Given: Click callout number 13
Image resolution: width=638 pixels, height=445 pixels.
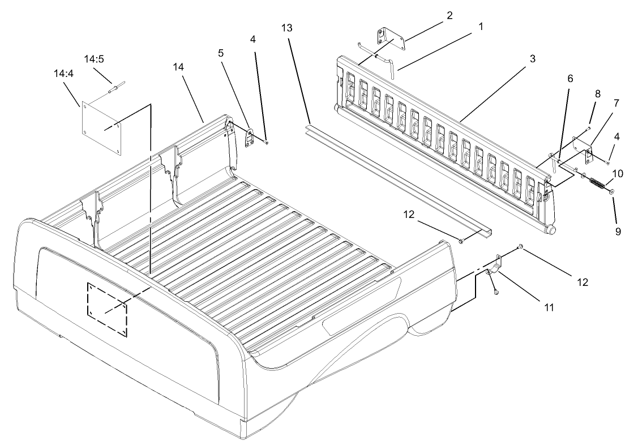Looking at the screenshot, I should click(x=288, y=27).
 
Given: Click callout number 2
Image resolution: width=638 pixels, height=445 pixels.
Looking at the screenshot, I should click(x=449, y=15).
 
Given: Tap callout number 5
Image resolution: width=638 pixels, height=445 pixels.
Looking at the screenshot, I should click(x=221, y=53).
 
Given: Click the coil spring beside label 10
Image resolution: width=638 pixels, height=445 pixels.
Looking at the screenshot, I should click(x=596, y=184).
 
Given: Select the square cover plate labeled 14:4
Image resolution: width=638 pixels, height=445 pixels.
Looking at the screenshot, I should click(x=102, y=127).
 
